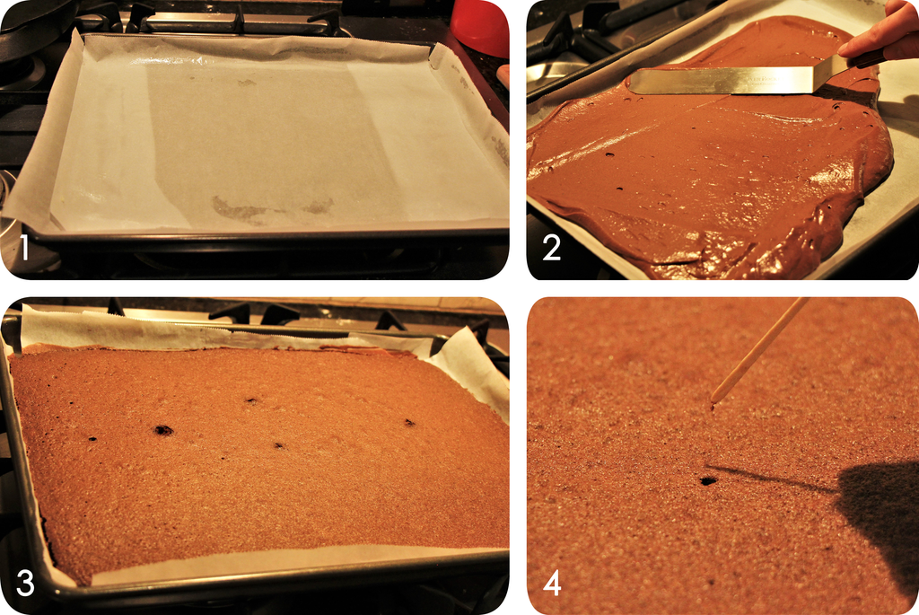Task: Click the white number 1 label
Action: [x=24, y=247]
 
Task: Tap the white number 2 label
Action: [x=551, y=247]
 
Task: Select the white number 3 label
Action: [x=24, y=584]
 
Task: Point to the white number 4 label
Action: [x=552, y=584]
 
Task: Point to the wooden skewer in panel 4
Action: [x=759, y=350]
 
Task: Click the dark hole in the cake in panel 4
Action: [x=709, y=480]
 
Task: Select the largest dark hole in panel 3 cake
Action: [x=163, y=430]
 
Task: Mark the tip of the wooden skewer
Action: [x=712, y=403]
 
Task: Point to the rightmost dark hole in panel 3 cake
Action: [x=409, y=422]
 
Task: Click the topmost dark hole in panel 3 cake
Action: [x=251, y=401]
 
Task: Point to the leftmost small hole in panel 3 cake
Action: [x=92, y=438]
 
